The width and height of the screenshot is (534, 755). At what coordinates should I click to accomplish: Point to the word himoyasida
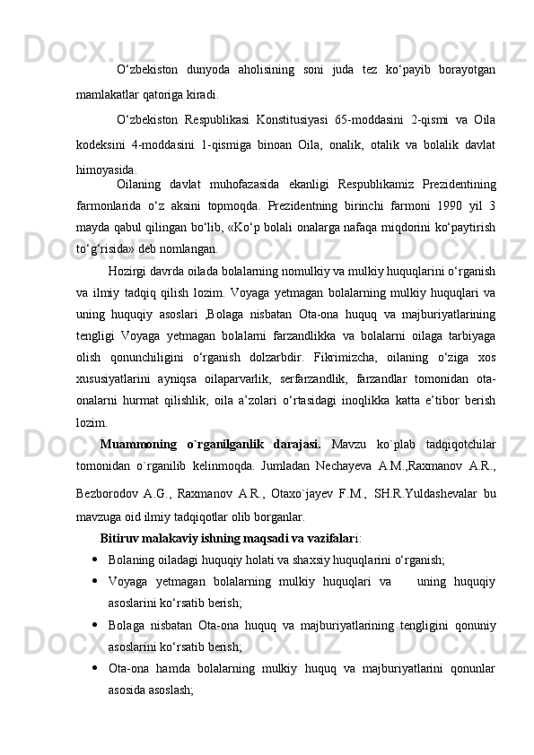pyautogui.click(x=107, y=169)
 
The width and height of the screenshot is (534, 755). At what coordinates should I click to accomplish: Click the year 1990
pyautogui.click(x=441, y=205)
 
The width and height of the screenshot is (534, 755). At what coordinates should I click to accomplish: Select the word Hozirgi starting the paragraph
pyautogui.click(x=128, y=272)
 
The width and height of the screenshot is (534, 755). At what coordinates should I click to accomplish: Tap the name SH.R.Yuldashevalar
pyautogui.click(x=425, y=494)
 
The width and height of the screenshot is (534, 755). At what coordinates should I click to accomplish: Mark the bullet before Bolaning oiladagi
pyautogui.click(x=95, y=560)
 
